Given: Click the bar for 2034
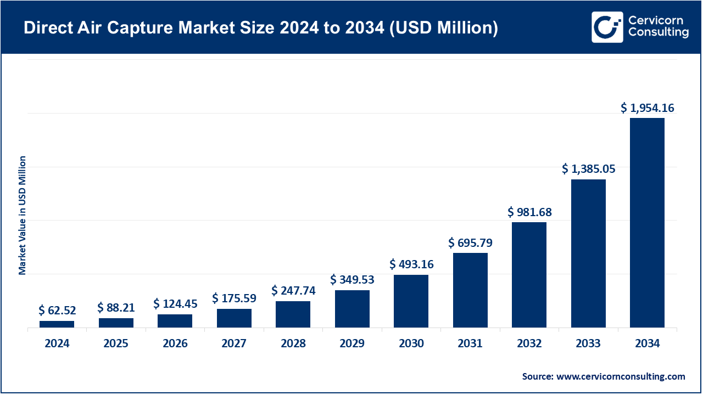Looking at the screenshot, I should point(647,223).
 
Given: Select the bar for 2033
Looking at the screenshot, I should point(588,253).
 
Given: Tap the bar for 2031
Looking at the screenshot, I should point(470,290).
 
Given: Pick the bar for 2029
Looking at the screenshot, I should point(352,309).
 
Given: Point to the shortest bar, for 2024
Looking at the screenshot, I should point(57,324).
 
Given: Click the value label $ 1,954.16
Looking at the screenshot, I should point(647,108).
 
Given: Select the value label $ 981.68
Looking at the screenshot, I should point(529,212).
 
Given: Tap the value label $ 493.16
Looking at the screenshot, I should point(411,264).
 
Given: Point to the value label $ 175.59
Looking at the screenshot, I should point(234,298).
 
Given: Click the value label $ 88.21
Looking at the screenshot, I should point(116,307).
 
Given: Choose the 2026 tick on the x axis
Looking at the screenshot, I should point(175,344).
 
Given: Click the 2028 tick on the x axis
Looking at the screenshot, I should point(293,344).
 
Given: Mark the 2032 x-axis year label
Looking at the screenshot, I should point(529,344).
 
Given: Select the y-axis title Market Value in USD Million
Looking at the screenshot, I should point(23,215).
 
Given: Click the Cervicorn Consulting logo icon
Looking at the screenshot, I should point(607,26).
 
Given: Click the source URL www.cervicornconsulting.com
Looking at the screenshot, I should point(621,376).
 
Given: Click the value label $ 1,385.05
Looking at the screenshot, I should point(588,170).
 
